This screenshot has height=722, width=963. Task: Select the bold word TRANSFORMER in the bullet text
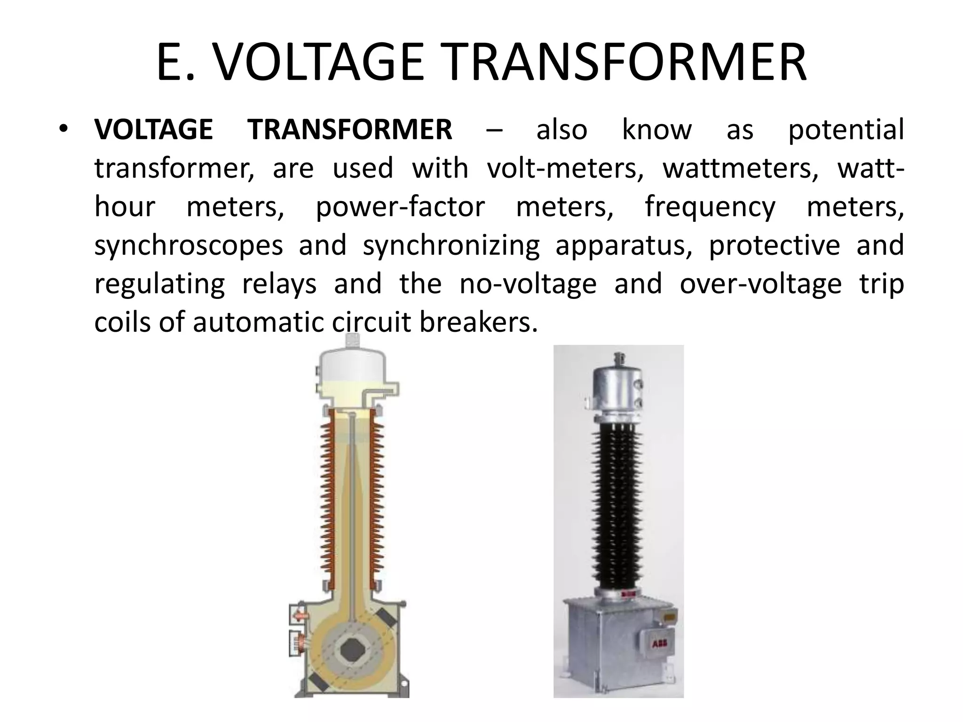coord(350,130)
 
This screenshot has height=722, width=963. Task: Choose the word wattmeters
coord(737,168)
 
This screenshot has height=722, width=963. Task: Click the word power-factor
coord(400,207)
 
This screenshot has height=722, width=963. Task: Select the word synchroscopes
coord(189,246)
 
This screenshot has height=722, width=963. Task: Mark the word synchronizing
coord(451,246)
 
